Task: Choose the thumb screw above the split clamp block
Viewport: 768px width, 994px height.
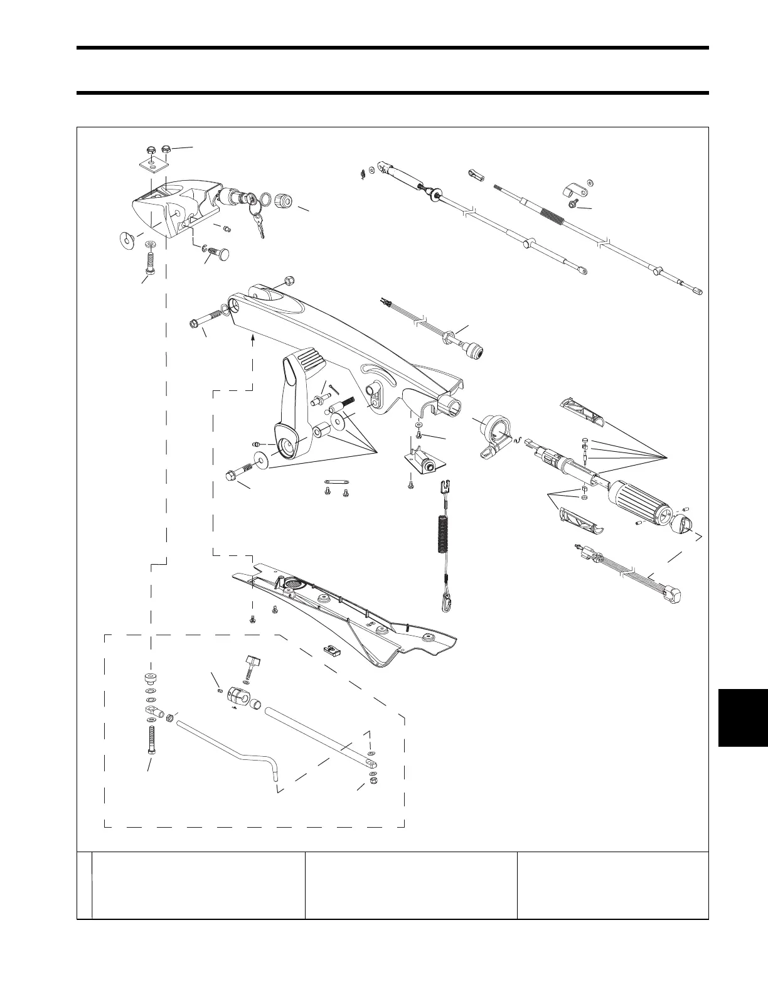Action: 252,665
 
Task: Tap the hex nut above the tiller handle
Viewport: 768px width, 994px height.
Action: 289,280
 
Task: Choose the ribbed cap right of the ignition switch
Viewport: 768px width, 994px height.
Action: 285,201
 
